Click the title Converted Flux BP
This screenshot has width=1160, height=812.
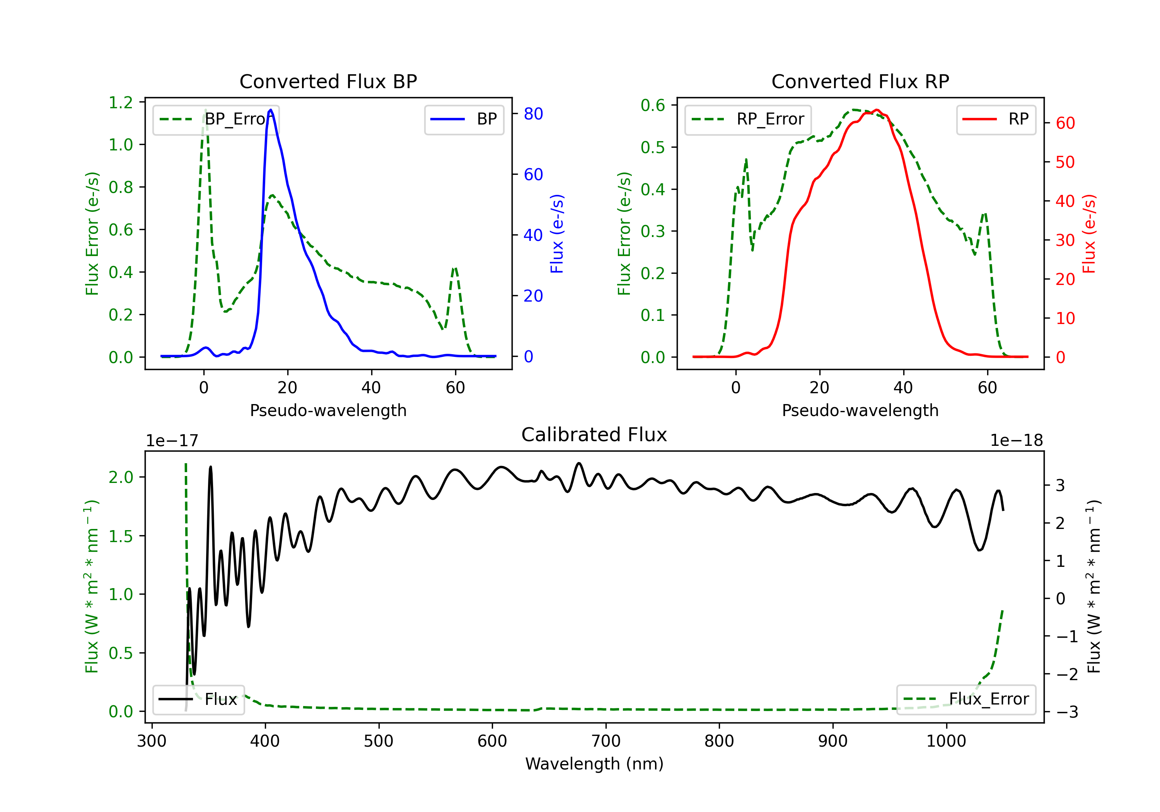point(328,81)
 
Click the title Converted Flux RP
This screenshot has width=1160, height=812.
point(860,81)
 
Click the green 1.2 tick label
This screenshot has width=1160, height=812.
point(121,102)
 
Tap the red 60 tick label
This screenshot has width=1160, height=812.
point(1065,123)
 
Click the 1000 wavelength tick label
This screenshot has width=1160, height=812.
point(946,741)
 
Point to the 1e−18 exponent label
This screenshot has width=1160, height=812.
point(1017,441)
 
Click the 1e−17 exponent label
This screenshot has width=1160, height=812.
point(172,441)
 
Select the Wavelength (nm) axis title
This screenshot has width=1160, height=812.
point(594,764)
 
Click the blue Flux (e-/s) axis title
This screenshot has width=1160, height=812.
point(557,234)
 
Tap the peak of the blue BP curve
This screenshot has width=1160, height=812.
point(271,110)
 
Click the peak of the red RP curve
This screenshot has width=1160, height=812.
point(877,110)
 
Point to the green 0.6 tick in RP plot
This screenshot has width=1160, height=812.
point(653,105)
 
